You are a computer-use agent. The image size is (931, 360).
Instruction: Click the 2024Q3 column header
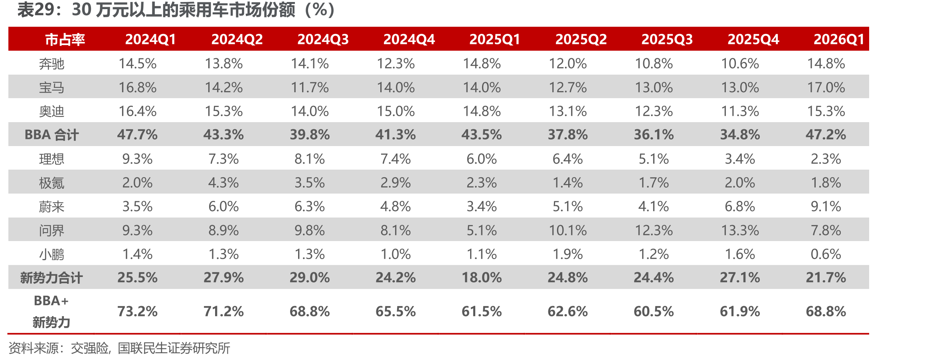coord(323,40)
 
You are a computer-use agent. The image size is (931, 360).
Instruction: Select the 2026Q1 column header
coord(839,40)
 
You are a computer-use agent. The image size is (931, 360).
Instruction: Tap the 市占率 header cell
coord(65,40)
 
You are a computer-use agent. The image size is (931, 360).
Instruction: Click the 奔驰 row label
coord(51,63)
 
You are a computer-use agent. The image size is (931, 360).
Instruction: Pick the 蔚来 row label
coord(51,206)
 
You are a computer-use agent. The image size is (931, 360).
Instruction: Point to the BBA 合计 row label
coord(51,135)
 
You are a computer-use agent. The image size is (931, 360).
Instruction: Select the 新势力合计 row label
coord(51,278)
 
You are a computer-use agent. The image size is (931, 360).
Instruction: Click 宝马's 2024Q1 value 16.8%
coord(138,87)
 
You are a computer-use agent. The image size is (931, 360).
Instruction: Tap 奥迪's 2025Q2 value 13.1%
coord(568,111)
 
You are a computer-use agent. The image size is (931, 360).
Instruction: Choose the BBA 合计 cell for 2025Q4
coord(740,135)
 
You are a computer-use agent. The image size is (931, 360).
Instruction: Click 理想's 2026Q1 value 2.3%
coord(826,159)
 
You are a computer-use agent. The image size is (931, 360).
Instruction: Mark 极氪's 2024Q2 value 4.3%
coord(223,183)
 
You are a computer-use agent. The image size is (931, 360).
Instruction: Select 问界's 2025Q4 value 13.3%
coord(740,230)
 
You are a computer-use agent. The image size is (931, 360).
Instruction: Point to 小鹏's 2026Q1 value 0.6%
coord(826,254)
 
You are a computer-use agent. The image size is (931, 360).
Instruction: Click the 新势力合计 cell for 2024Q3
coord(310,278)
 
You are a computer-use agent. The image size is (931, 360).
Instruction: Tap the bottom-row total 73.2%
coord(138,312)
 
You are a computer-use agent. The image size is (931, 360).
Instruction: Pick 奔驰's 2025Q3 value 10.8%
coord(654,63)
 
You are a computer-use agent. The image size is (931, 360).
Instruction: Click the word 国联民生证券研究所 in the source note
coord(174,348)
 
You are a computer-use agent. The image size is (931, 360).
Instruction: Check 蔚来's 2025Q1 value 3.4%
coord(482,206)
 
